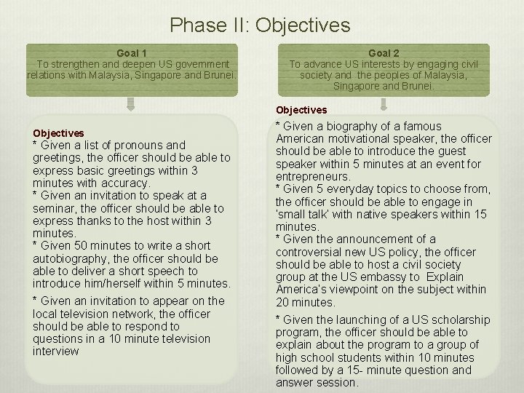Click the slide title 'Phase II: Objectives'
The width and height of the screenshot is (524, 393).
[260, 25]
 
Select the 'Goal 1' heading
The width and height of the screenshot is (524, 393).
[132, 53]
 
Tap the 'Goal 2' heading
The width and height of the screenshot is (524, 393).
[384, 53]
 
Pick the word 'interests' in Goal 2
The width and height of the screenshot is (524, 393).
[370, 64]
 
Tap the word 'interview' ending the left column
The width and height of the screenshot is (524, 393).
[55, 352]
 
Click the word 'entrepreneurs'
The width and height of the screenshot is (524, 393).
[311, 176]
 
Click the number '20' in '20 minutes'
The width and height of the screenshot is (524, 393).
[282, 302]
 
